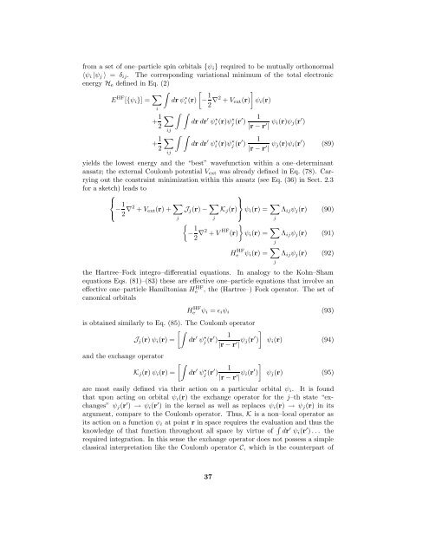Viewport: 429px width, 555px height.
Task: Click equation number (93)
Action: (365, 357)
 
